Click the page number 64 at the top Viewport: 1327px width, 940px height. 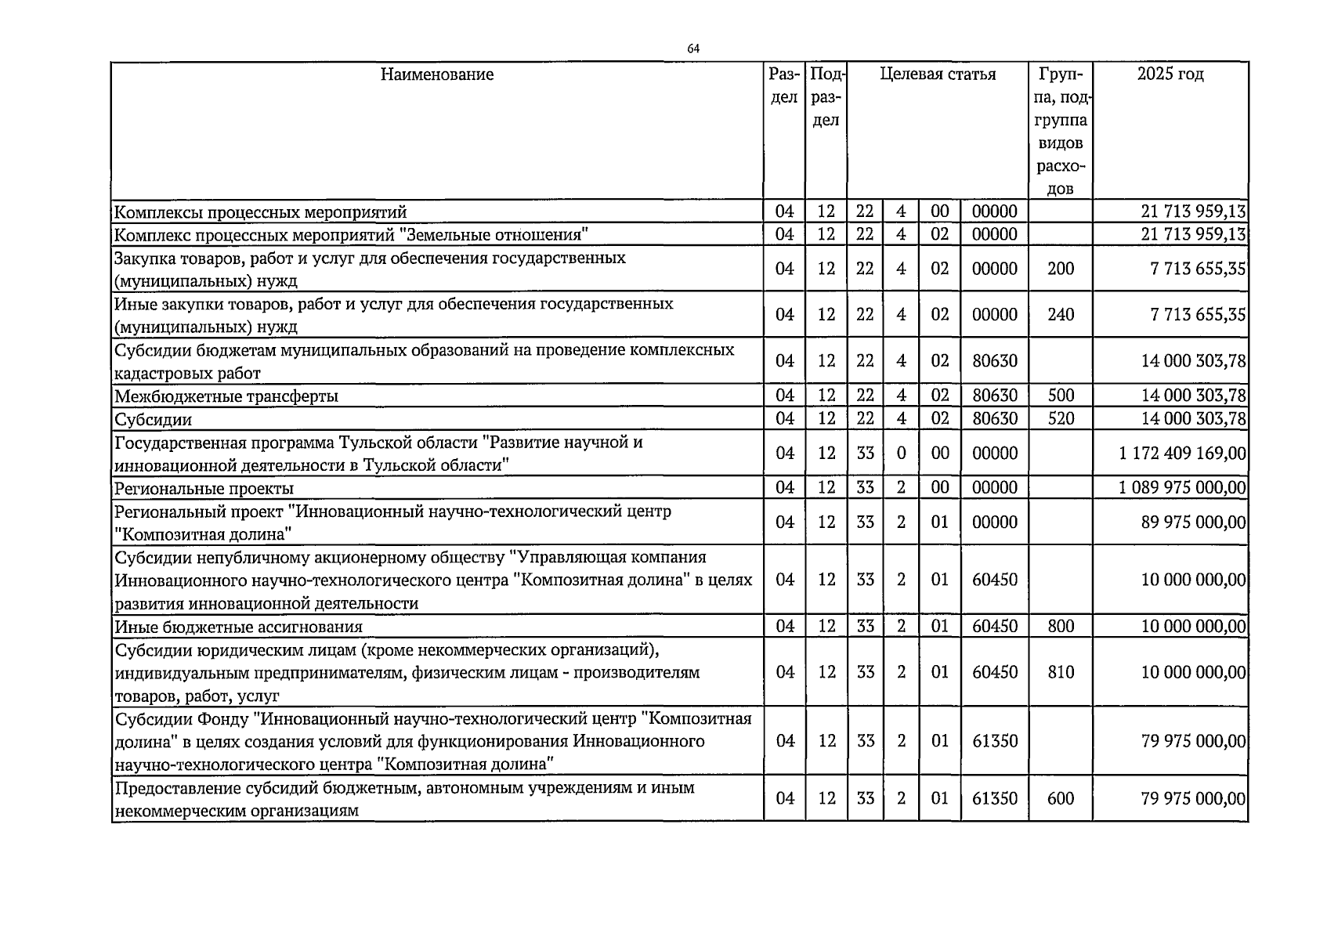click(x=693, y=49)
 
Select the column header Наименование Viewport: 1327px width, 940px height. click(x=437, y=74)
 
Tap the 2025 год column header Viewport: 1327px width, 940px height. click(x=1170, y=74)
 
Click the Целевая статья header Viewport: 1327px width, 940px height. click(x=938, y=74)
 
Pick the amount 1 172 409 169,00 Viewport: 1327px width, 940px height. click(x=1182, y=454)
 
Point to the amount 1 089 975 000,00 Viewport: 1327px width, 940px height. click(x=1182, y=488)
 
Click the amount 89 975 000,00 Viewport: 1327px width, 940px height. click(x=1193, y=522)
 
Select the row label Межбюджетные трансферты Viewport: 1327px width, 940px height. click(x=226, y=396)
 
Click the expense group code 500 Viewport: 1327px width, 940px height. click(x=1061, y=396)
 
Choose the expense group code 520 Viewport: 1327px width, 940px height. click(x=1061, y=419)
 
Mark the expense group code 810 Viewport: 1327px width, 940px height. click(x=1061, y=672)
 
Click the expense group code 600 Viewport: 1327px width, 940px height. click(x=1061, y=798)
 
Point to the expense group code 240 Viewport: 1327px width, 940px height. click(x=1061, y=315)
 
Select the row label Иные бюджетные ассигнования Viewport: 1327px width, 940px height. click(x=239, y=627)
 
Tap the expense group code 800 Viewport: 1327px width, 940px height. click(x=1061, y=626)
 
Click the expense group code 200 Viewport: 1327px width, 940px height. click(x=1061, y=269)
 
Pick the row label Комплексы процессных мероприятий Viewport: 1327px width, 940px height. click(x=261, y=212)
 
